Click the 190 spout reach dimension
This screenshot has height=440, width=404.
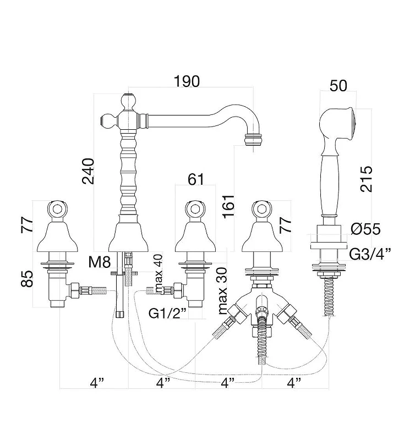click(187, 81)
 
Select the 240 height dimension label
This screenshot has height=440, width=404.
click(88, 171)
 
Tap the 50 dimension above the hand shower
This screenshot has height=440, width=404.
click(339, 86)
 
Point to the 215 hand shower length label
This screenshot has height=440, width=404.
click(366, 179)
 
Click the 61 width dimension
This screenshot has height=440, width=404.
click(196, 179)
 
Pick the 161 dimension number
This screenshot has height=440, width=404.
click(228, 206)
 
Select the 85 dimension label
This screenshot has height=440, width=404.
click(27, 279)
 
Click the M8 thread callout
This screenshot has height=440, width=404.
click(100, 262)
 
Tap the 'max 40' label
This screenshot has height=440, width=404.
click(159, 274)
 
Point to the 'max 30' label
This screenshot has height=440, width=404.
click(222, 291)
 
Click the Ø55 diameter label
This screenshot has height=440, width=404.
click(365, 229)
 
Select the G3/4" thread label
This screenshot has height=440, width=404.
click(370, 254)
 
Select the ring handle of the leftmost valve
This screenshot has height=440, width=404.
click(58, 210)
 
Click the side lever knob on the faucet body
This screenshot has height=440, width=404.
click(108, 120)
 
